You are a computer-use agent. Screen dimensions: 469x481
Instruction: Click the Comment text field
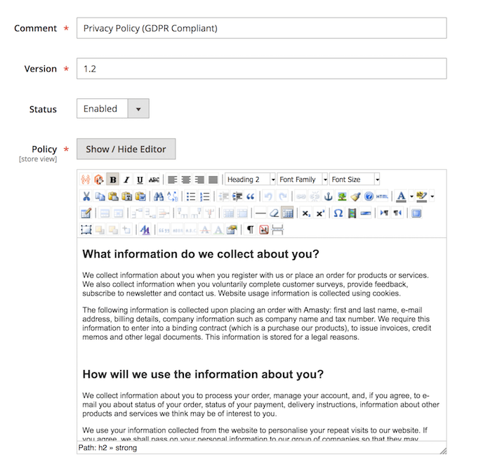click(261, 28)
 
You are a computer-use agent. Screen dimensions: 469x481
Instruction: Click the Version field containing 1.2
click(261, 69)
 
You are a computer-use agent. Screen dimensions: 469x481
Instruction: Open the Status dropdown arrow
click(138, 109)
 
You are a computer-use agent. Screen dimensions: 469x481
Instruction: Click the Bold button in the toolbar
click(113, 180)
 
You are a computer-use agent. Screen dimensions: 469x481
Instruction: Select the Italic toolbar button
click(126, 180)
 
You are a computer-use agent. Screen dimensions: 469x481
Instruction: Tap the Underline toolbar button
click(140, 180)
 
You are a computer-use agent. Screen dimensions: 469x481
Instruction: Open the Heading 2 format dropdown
click(250, 180)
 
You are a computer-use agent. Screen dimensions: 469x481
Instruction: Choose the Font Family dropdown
click(303, 180)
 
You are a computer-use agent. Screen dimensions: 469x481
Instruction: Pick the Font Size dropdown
click(355, 180)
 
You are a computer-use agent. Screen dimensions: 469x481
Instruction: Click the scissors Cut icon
click(86, 197)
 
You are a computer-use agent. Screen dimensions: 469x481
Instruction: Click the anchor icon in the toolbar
click(327, 197)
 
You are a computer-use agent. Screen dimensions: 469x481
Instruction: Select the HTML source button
click(382, 197)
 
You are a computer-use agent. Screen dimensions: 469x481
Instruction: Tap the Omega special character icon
click(338, 213)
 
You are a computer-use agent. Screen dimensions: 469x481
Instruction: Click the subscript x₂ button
click(306, 213)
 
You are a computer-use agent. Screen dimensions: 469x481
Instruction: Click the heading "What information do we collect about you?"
click(201, 253)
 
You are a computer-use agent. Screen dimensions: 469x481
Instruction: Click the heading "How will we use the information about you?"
click(203, 374)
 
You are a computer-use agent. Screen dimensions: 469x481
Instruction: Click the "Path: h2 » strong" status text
click(107, 447)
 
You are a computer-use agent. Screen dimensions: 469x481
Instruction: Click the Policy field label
click(44, 149)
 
